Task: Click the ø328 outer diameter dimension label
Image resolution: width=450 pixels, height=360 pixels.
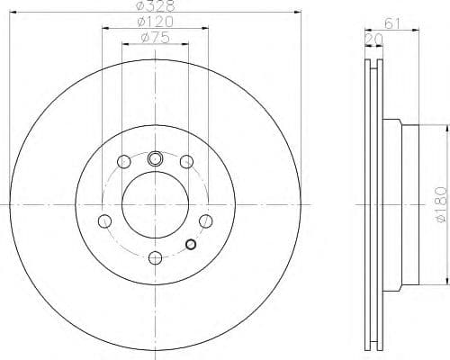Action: point(155,7)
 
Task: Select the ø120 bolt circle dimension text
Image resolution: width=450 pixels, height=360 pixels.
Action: point(155,22)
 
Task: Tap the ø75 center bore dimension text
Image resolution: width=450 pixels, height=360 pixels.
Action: point(155,38)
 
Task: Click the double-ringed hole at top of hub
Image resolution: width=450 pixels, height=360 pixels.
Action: point(155,159)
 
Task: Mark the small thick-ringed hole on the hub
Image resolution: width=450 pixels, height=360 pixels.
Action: point(190,244)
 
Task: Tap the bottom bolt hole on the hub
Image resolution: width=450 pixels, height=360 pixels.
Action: point(155,259)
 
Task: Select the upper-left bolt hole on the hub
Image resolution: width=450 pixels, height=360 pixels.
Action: point(122,161)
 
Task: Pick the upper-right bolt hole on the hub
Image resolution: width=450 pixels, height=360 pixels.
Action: point(187,161)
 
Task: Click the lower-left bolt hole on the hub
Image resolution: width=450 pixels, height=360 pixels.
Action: point(103,221)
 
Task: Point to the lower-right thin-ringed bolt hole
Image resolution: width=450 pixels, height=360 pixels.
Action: point(206,221)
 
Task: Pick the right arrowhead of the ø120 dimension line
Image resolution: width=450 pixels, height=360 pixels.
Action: point(206,29)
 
